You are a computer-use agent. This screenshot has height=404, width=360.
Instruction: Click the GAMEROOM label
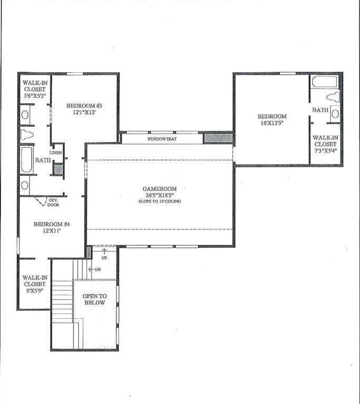[x=159, y=189]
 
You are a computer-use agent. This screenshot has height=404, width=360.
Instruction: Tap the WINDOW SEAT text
[x=162, y=138]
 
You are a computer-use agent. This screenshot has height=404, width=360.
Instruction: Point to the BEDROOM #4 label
[x=52, y=224]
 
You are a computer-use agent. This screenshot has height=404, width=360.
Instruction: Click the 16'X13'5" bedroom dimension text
[x=272, y=124]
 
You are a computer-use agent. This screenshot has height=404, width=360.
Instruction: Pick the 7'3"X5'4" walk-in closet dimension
[x=325, y=150]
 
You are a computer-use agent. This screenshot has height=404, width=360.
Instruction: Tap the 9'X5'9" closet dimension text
[x=34, y=291]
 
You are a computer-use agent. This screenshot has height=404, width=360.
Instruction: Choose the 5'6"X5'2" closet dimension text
[x=34, y=96]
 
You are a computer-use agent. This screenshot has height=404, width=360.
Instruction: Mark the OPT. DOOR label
[x=53, y=203]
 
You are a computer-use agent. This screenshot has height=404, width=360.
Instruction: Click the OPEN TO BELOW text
[x=94, y=299]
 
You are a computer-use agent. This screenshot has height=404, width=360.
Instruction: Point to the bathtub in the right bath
[x=324, y=82]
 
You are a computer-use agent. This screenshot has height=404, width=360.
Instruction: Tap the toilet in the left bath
[x=27, y=135]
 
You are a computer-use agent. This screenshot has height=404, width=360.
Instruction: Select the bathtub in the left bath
[x=26, y=160]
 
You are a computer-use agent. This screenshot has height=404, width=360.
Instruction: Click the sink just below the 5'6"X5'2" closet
[x=25, y=114]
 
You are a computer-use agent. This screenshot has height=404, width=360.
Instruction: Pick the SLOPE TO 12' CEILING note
[x=159, y=201]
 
